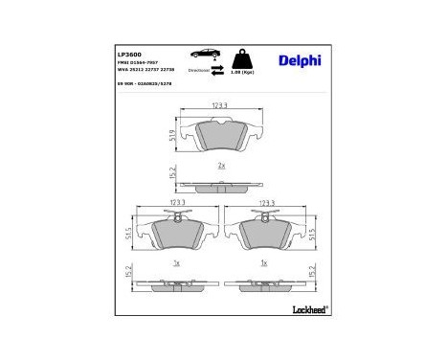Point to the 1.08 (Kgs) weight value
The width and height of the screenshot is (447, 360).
pyautogui.click(x=247, y=72)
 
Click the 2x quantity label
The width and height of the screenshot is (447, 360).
pyautogui.click(x=221, y=166)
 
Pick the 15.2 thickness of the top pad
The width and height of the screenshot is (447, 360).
pyautogui.click(x=171, y=174)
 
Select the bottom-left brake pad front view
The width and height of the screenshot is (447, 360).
pyautogui.click(x=177, y=233)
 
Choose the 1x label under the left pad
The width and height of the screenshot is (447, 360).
pyautogui.click(x=177, y=262)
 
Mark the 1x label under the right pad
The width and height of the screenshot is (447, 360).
pyautogui.click(x=264, y=262)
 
